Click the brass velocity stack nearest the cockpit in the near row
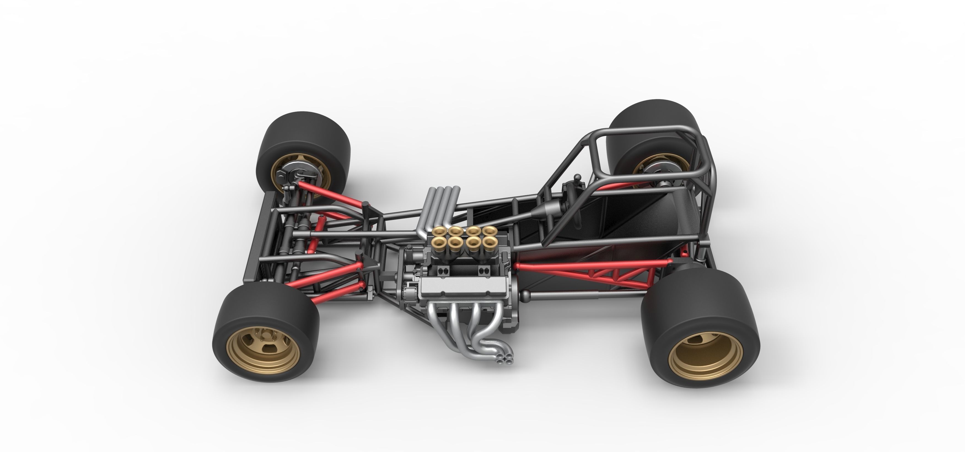(488, 243)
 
